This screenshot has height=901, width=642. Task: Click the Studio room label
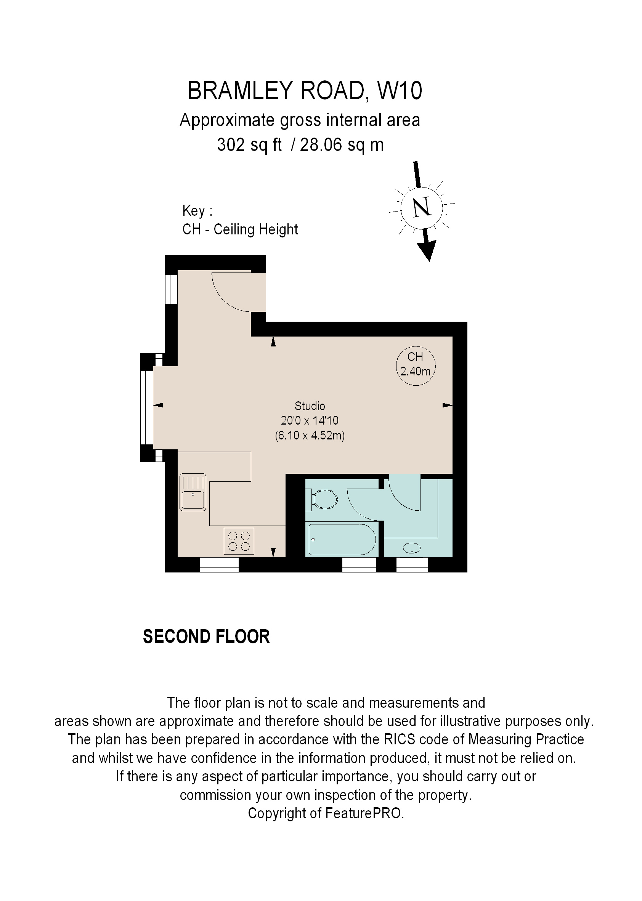(310, 406)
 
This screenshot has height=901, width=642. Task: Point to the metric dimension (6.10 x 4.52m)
(310, 436)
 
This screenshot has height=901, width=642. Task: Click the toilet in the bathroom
(324, 500)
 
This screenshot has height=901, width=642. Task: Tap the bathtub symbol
(342, 539)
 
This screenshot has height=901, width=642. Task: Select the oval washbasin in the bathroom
(411, 548)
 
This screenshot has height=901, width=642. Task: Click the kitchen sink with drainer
(193, 492)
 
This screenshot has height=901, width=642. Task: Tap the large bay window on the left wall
(147, 407)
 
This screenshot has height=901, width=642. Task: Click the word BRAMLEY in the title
(241, 91)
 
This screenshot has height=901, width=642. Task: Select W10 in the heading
(400, 91)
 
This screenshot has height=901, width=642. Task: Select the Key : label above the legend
(197, 211)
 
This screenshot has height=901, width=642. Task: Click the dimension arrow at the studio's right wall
(447, 405)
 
